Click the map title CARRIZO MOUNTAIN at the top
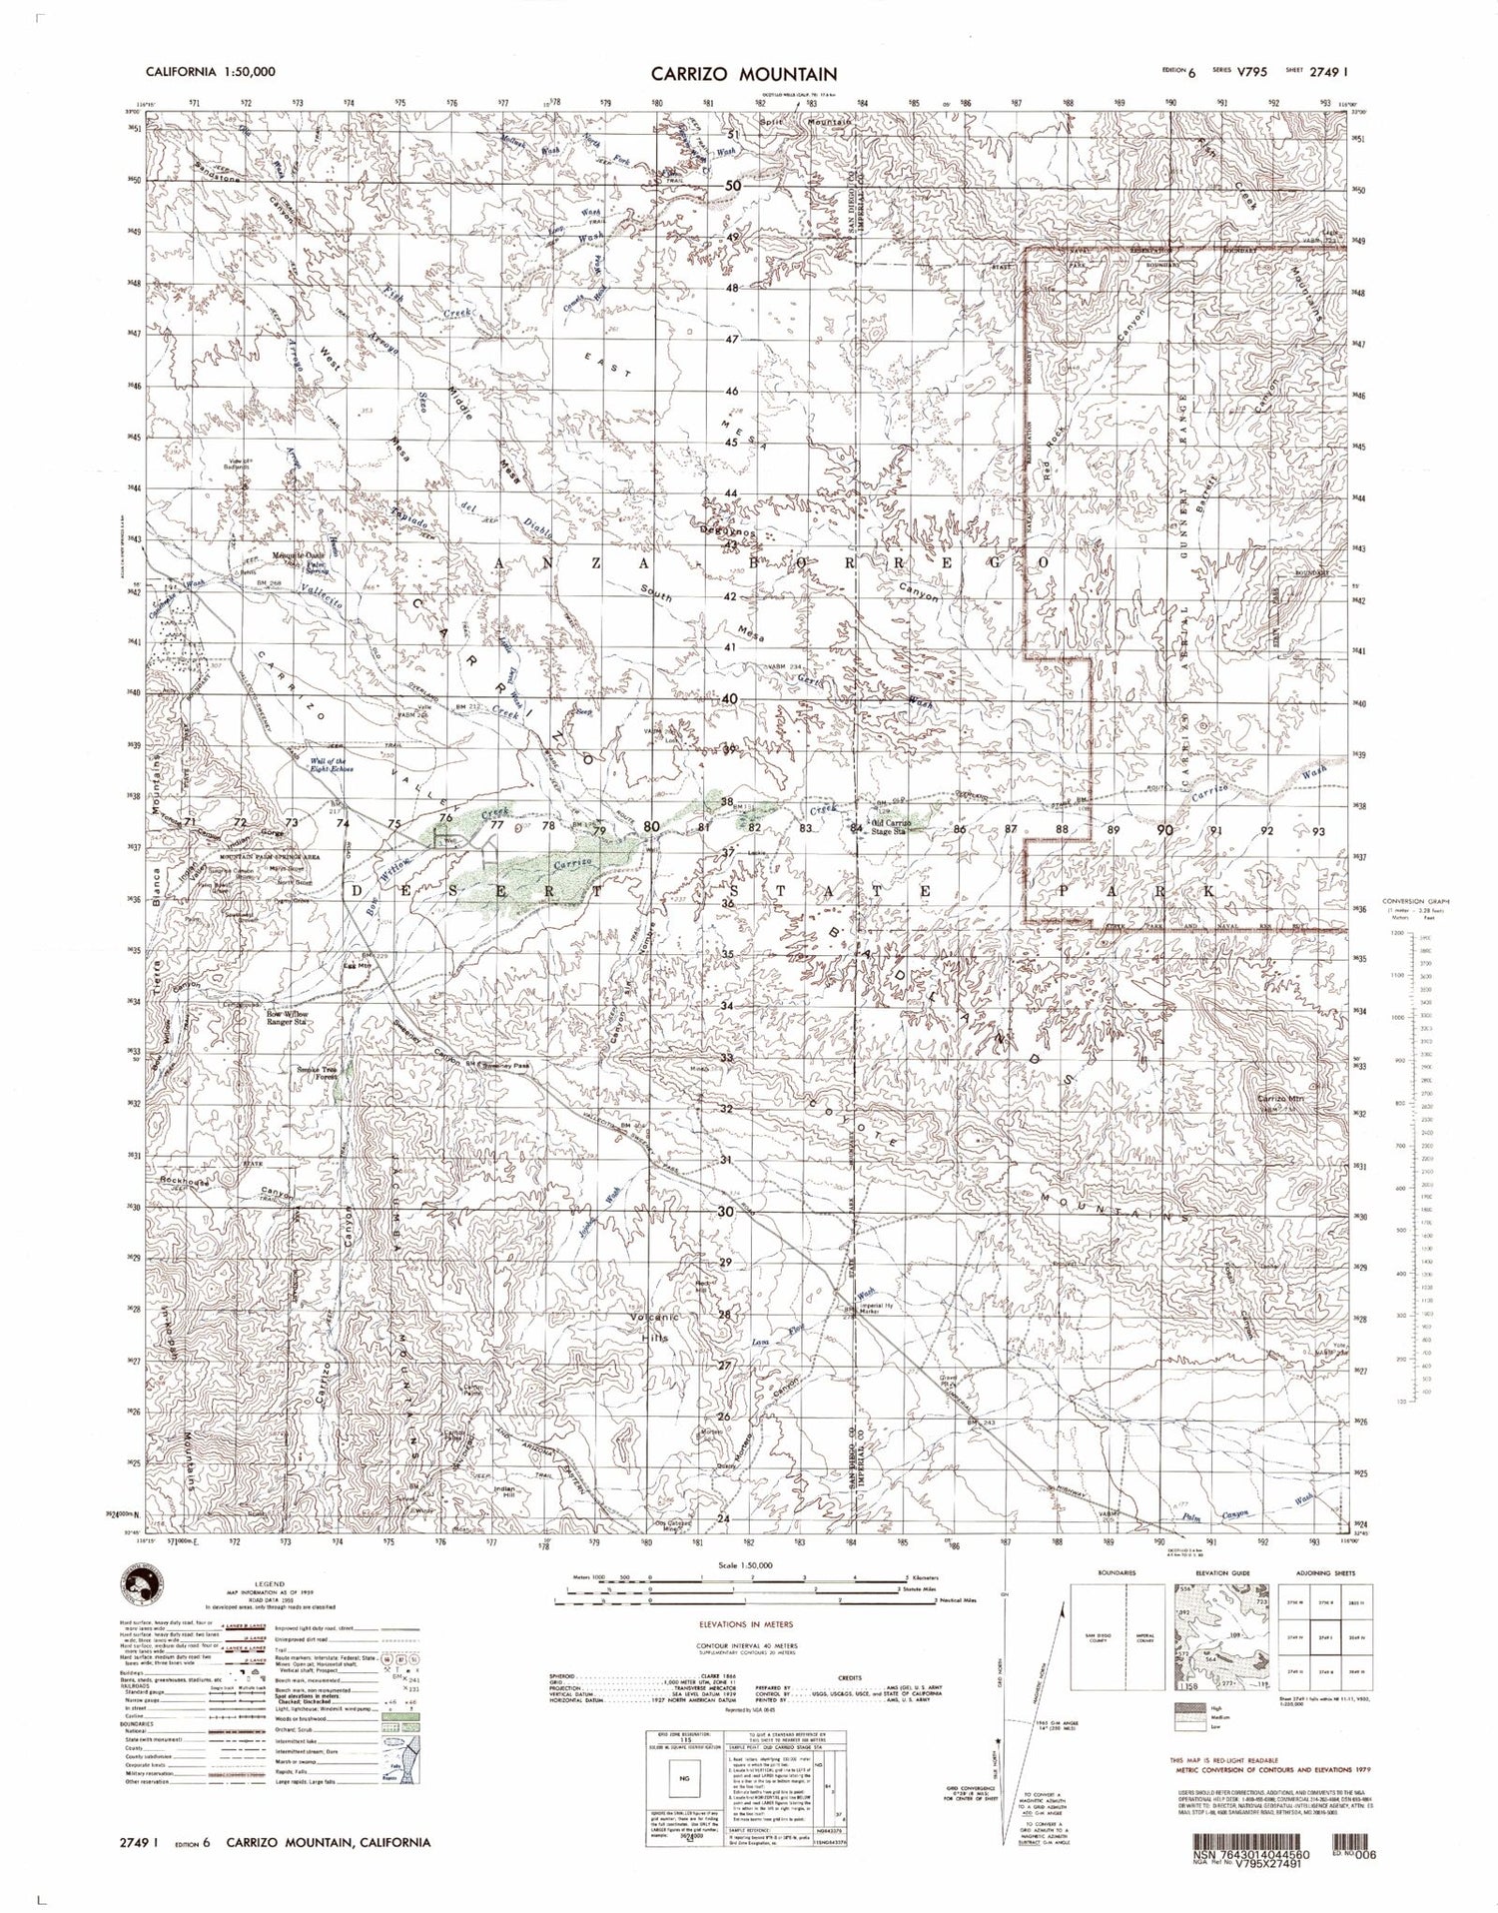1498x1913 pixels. pos(744,74)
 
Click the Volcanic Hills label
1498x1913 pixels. pos(653,1324)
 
